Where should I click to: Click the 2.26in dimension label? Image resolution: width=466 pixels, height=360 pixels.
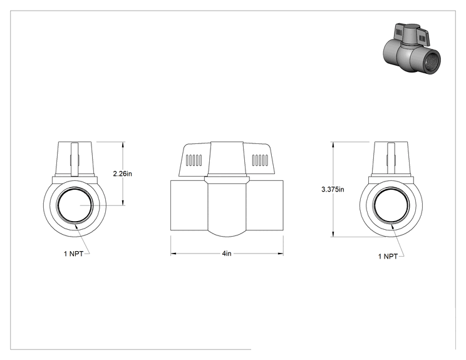tap(122, 173)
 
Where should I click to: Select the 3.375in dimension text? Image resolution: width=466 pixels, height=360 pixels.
tap(333, 189)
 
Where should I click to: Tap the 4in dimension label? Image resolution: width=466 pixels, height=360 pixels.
tap(227, 254)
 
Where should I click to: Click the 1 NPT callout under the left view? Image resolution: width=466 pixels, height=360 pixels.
tap(73, 254)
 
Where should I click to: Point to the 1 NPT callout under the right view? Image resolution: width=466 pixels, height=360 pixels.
tap(388, 256)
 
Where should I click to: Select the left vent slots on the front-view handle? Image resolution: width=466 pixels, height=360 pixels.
tap(194, 160)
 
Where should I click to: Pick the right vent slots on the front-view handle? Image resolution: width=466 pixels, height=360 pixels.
tap(260, 160)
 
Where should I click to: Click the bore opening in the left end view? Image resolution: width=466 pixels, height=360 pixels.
tap(75, 205)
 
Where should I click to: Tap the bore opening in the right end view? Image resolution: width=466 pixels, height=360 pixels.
tap(391, 205)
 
